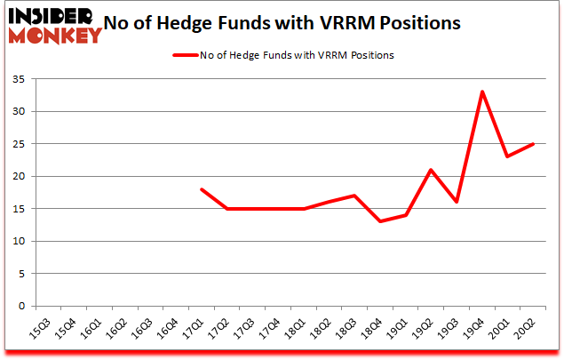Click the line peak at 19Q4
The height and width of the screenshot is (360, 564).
(481, 92)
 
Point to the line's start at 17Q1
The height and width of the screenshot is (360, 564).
(202, 189)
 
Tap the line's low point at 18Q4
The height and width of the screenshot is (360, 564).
(380, 221)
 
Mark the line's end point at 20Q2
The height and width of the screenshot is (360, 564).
(532, 144)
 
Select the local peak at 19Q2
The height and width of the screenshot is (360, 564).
(431, 170)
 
